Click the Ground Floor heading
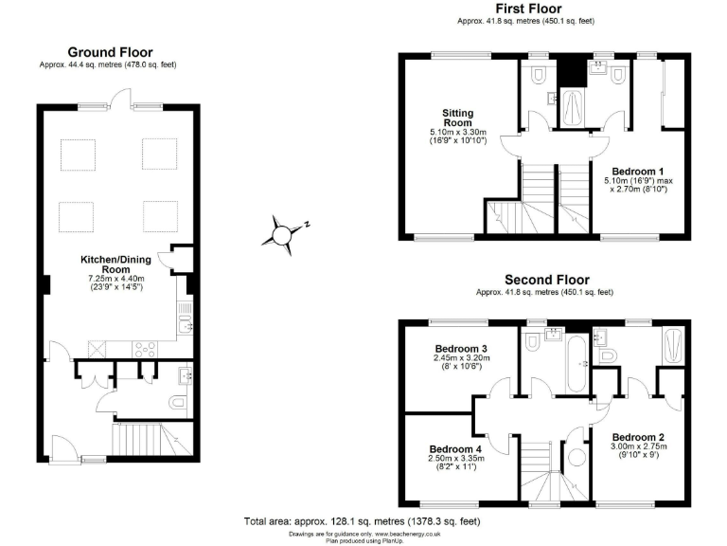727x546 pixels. pos(109,52)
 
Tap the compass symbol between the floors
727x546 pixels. pos(283,231)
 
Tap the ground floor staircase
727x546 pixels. pos(148,439)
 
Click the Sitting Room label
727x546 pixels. pos(457,118)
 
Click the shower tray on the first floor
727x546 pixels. pos(574,107)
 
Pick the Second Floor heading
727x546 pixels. pos(546,280)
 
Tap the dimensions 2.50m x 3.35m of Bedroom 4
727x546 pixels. pos(456,459)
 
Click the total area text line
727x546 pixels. pos(363,521)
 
